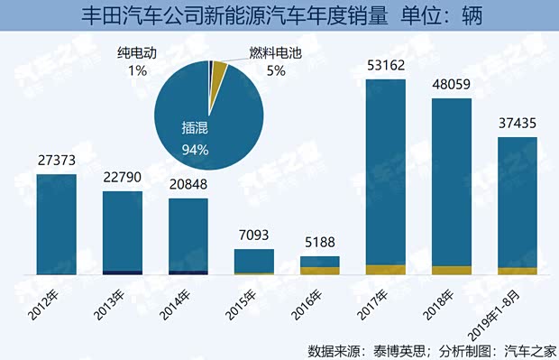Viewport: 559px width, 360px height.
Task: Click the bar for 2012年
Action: (56, 224)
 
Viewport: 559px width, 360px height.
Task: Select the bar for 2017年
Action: (386, 176)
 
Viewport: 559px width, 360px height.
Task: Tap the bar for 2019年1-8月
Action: (518, 206)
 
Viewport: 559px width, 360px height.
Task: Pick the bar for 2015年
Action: (254, 261)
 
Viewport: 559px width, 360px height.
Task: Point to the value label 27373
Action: (56, 161)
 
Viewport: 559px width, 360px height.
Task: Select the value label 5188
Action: (320, 244)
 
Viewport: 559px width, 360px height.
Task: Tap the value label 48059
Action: (452, 84)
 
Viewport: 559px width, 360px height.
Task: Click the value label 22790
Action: (122, 178)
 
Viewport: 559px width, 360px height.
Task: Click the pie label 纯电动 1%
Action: (139, 62)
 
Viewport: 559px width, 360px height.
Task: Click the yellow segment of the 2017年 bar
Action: (386, 269)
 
